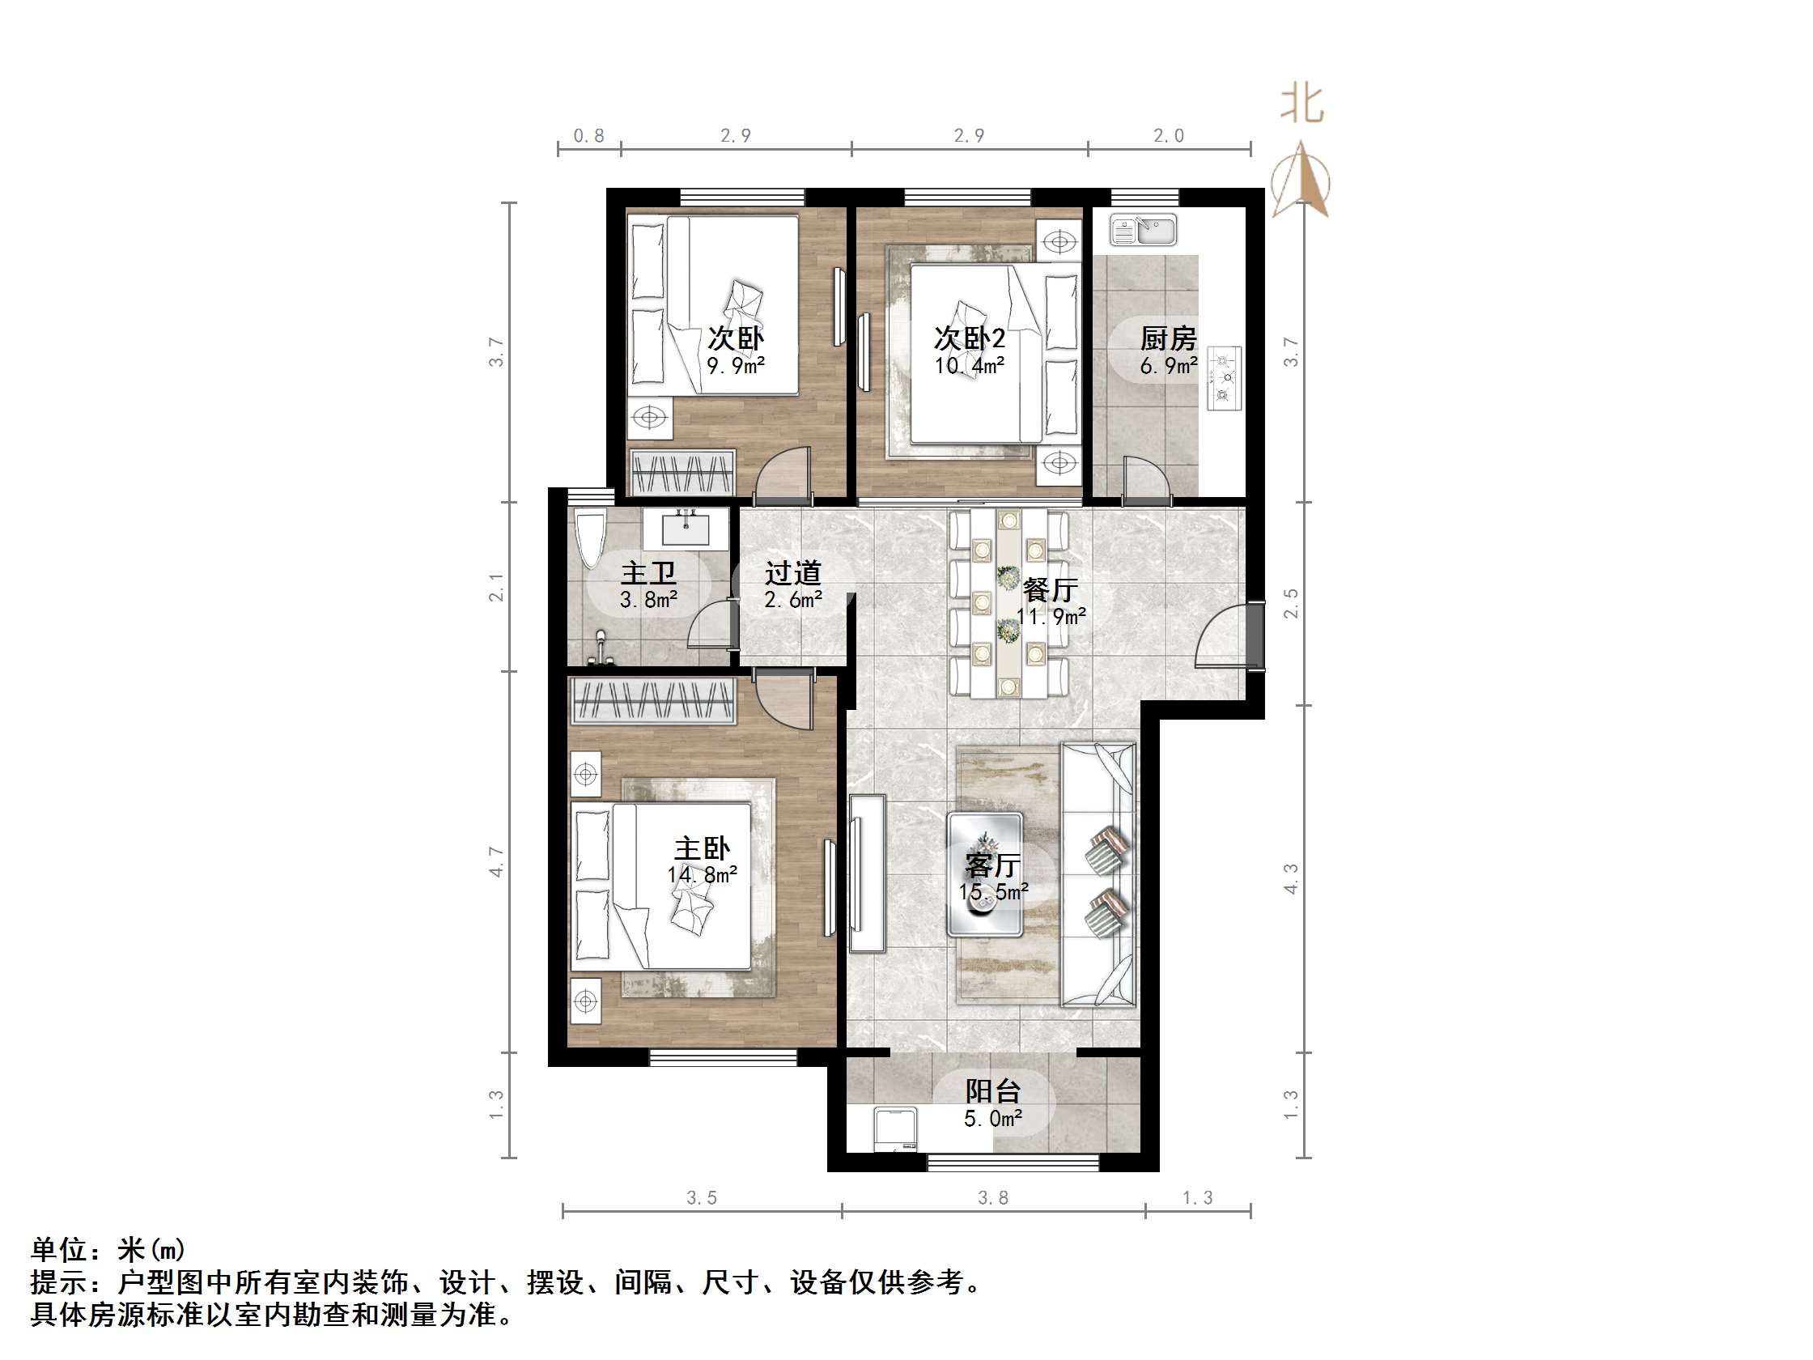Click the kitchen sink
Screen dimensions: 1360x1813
coord(1144,231)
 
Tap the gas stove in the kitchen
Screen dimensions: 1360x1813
coord(1224,378)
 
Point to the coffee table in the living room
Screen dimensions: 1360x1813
coord(984,873)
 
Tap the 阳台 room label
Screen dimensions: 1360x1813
coord(992,1091)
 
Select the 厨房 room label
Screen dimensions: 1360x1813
coord(1168,338)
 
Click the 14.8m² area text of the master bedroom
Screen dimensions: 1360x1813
coord(702,876)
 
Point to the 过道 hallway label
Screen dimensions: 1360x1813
coord(792,573)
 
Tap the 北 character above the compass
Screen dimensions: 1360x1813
coord(1302,105)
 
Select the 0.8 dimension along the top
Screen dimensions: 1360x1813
coord(588,136)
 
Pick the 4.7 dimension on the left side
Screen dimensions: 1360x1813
coord(497,861)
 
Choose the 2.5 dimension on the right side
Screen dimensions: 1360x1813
coord(1291,604)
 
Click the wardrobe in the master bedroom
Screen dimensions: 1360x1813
coord(653,702)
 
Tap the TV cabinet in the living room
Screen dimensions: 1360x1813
coord(867,873)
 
